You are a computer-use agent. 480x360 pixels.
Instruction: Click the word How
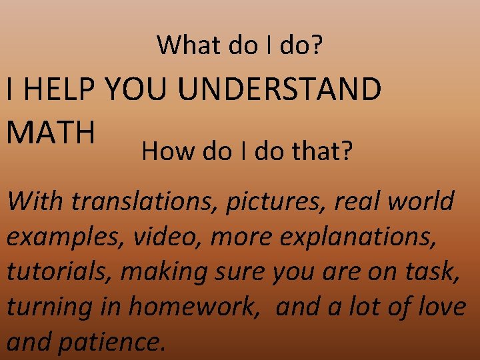click(165, 153)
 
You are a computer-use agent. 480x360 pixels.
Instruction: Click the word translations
click(145, 201)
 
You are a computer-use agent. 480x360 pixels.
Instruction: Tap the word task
click(435, 271)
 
